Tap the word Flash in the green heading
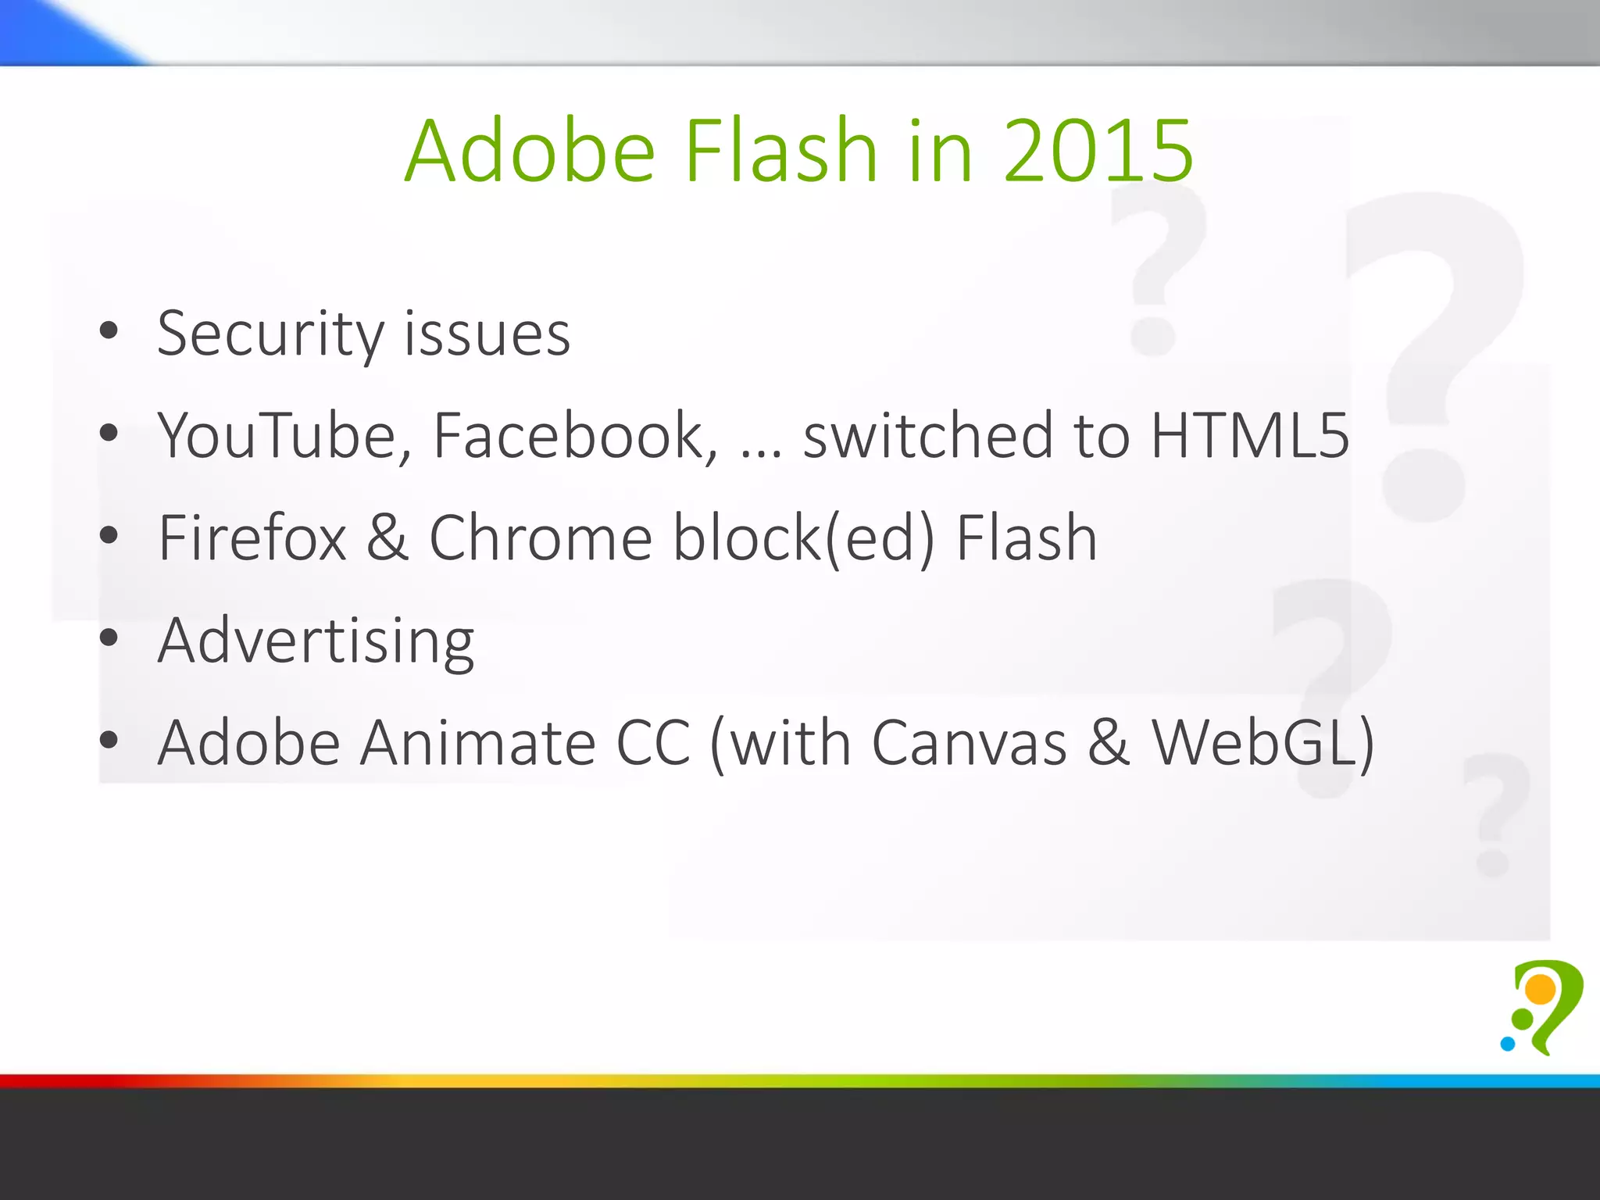781,149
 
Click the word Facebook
575,436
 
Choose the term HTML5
1250,436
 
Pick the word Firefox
252,538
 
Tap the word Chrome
541,538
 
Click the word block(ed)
804,540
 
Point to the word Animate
478,743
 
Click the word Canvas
969,743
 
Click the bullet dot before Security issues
109,330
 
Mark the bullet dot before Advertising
109,637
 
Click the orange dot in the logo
1541,989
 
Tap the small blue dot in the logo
1508,1043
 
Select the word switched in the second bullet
928,436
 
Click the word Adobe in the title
530,151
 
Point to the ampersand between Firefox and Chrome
387,538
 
